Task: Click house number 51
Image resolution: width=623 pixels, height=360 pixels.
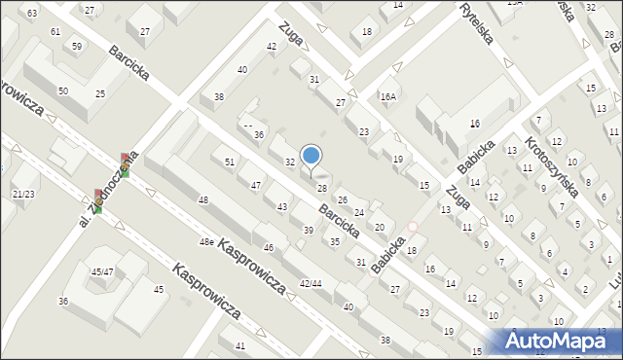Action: click(x=230, y=162)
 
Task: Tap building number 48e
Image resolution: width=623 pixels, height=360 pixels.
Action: click(x=206, y=241)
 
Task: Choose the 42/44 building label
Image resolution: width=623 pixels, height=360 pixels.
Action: click(x=311, y=283)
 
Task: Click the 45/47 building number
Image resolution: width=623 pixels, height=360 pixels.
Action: click(x=102, y=271)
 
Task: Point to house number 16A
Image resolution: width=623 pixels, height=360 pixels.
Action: click(x=388, y=96)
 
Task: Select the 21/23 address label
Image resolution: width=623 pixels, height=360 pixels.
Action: click(x=23, y=195)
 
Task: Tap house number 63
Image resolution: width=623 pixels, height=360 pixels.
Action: click(x=32, y=13)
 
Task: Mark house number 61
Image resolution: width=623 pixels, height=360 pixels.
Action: click(x=55, y=32)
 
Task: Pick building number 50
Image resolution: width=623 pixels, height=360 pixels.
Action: click(x=63, y=90)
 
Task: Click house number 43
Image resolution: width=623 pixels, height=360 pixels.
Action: click(x=282, y=207)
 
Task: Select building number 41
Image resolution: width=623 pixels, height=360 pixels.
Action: click(x=239, y=346)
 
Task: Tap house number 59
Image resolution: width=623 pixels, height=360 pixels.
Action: click(x=77, y=46)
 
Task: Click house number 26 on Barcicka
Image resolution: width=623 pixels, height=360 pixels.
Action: click(x=342, y=200)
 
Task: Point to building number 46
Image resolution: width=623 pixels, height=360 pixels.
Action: click(x=269, y=248)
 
